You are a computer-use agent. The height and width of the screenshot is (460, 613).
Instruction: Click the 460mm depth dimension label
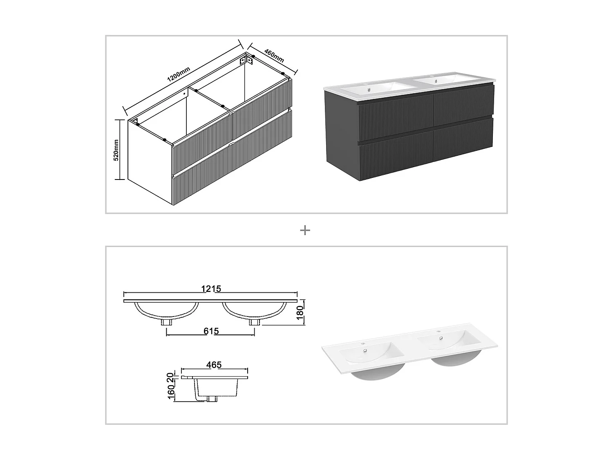tap(274, 56)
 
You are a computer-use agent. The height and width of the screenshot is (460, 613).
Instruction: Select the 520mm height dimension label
tap(116, 150)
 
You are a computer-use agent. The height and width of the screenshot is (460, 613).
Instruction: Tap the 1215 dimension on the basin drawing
tap(211, 289)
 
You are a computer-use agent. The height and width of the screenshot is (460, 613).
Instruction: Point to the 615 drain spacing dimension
tap(211, 331)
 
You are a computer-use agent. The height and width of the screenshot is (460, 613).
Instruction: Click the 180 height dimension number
tap(299, 313)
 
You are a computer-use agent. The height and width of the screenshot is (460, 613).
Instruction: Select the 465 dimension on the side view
tap(214, 365)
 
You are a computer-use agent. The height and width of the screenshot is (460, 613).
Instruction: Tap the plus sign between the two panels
tap(305, 231)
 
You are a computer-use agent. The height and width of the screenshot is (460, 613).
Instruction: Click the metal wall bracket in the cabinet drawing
tap(247, 60)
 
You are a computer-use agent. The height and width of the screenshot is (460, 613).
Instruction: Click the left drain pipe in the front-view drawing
tap(167, 322)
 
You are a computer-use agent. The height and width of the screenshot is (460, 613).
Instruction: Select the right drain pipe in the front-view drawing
tap(254, 322)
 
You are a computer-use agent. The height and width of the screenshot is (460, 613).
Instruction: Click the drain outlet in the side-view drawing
tap(213, 399)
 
